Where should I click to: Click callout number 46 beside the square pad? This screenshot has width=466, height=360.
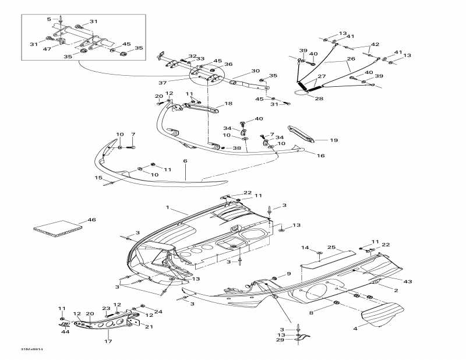(x=91, y=220)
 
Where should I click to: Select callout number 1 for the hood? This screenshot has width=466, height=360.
(x=167, y=207)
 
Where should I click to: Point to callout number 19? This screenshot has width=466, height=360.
(x=334, y=140)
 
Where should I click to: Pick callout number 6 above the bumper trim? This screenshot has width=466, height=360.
(x=185, y=161)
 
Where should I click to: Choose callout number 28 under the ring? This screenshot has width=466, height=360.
(x=319, y=99)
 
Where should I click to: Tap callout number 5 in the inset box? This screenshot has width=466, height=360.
(x=49, y=19)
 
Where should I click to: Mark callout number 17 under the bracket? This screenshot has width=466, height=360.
(x=107, y=341)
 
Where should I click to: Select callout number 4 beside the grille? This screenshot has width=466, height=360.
(x=356, y=329)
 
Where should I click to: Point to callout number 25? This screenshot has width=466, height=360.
(x=331, y=248)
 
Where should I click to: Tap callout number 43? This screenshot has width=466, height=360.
(x=408, y=282)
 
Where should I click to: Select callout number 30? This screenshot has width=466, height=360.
(x=255, y=71)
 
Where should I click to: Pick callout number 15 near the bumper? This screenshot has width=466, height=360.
(x=98, y=178)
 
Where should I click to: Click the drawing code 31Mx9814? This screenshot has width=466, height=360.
(x=32, y=350)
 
